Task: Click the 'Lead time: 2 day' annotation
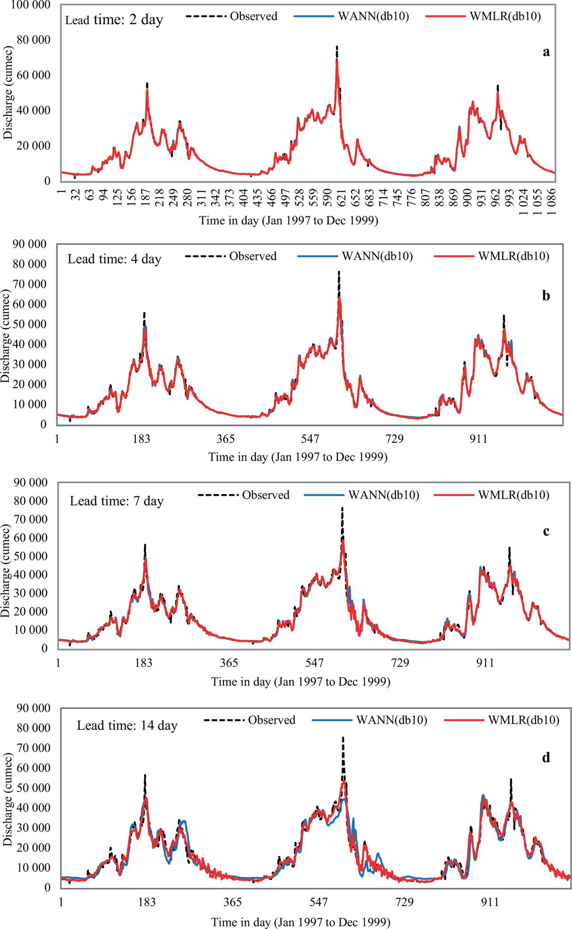pyautogui.click(x=114, y=20)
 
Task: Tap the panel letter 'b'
pyautogui.click(x=546, y=296)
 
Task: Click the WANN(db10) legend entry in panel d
pyautogui.click(x=391, y=720)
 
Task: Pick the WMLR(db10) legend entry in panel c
pyautogui.click(x=513, y=495)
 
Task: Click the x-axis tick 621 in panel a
pyautogui.click(x=278, y=196)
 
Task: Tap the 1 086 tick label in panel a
pyautogui.click(x=551, y=199)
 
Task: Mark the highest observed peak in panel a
pyautogui.click(x=337, y=47)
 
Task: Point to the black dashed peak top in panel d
pyautogui.click(x=343, y=737)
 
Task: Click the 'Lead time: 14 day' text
pyautogui.click(x=127, y=725)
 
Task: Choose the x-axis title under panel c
pyautogui.click(x=301, y=682)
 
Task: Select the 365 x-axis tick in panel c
pyautogui.click(x=229, y=663)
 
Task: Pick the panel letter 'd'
pyautogui.click(x=546, y=758)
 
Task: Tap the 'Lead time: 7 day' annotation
pyautogui.click(x=117, y=501)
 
